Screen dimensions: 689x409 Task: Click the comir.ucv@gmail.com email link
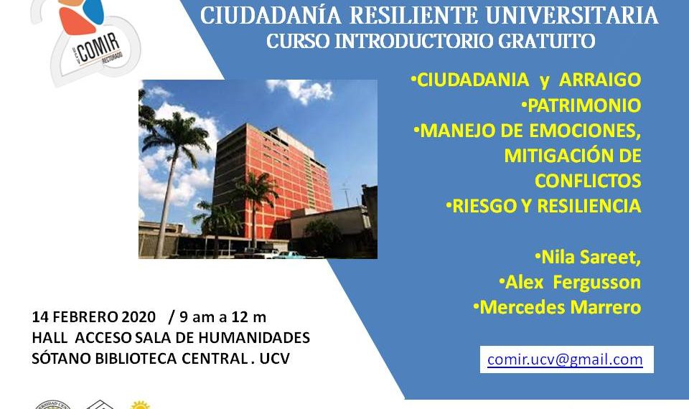click(565, 359)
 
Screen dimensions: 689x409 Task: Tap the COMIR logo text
click(99, 47)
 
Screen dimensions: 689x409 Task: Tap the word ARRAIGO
click(600, 80)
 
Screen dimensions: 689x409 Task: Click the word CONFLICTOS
click(588, 181)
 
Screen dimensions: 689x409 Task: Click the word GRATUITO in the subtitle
click(546, 41)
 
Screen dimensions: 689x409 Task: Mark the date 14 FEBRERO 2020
click(93, 316)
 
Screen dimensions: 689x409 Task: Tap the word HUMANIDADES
click(254, 337)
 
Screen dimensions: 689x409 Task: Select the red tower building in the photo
click(273, 184)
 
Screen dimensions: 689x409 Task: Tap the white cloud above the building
click(301, 90)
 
